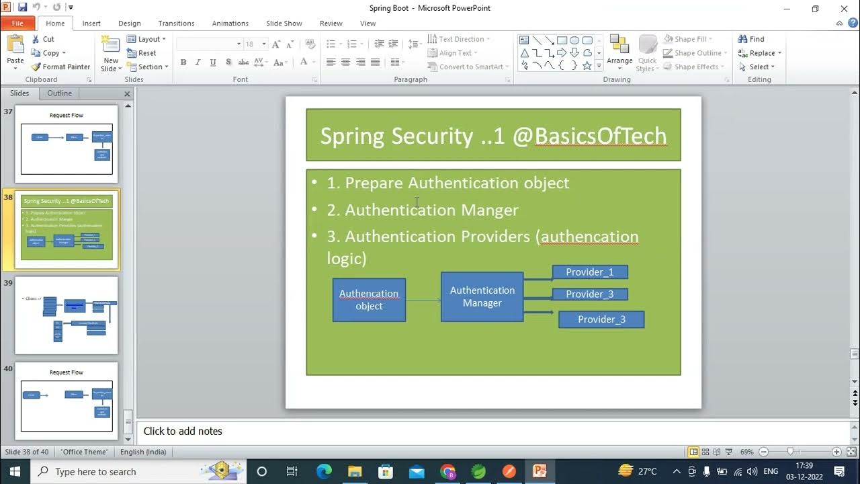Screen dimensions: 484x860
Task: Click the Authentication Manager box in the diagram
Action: [482, 296]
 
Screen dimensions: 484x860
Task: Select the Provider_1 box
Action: [589, 272]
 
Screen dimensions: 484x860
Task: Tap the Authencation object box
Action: [369, 300]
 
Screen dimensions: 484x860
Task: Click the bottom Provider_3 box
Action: [601, 319]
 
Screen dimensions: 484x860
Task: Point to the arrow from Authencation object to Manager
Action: [423, 300]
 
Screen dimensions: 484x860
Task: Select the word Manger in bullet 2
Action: [490, 210]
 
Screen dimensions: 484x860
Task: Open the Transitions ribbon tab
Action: [176, 23]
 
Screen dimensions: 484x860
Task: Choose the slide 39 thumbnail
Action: [67, 315]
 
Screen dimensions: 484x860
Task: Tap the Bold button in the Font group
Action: [183, 63]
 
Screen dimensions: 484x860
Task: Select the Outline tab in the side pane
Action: [59, 93]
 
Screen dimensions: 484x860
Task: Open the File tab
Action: [17, 23]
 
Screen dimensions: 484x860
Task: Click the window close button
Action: [845, 9]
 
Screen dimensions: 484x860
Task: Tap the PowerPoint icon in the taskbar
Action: [540, 471]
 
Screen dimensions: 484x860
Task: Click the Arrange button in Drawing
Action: [619, 50]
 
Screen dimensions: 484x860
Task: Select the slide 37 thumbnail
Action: [67, 144]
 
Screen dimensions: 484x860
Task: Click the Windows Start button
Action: [15, 471]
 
